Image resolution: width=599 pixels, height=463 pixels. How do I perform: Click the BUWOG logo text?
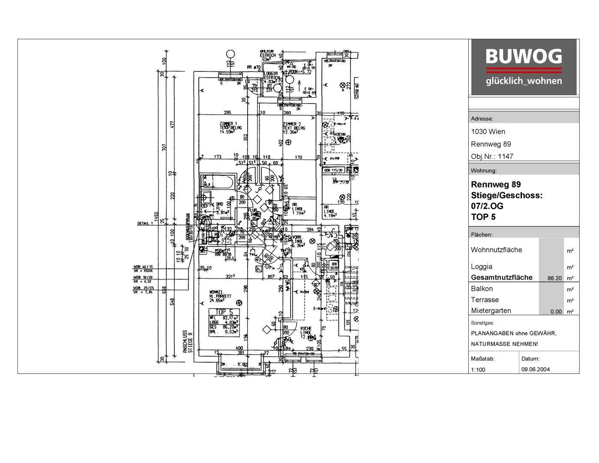click(523, 57)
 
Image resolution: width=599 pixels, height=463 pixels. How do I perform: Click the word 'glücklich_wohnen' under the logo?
click(523, 81)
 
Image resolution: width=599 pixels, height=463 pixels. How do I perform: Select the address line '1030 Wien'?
click(488, 132)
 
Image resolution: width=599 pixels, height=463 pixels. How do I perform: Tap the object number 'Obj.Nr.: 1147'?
click(492, 156)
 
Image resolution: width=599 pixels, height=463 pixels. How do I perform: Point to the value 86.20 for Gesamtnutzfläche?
click(554, 278)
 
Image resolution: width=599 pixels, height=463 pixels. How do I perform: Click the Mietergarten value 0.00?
click(556, 312)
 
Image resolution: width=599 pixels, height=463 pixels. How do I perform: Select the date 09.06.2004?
click(536, 370)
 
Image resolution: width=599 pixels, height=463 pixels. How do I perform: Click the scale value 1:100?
click(478, 370)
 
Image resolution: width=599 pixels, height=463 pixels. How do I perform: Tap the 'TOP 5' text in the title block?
click(483, 217)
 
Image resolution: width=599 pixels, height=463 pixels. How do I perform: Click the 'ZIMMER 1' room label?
click(228, 124)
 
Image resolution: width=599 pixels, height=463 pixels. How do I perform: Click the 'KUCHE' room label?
click(306, 328)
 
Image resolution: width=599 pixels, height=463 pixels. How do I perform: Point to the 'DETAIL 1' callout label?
click(145, 223)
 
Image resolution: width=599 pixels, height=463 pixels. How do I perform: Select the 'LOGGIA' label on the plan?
click(271, 73)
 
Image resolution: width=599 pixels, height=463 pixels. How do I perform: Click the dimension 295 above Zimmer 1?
click(228, 113)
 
